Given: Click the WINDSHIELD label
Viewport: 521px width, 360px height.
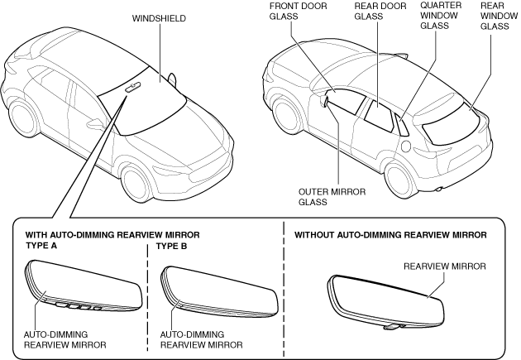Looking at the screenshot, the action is pos(159,18).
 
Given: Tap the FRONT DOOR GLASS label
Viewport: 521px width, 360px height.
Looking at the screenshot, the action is pos(298,12).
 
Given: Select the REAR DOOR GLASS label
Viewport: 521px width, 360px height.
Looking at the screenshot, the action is pos(380,12).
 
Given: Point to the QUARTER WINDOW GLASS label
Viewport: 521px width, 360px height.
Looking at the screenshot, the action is pos(441,16).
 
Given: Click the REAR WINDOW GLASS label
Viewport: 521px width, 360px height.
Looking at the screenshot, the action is pos(499,16).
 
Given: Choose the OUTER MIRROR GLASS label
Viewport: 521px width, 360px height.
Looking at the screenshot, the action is pos(332,197).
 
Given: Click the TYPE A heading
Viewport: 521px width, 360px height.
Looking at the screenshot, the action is pos(41,246).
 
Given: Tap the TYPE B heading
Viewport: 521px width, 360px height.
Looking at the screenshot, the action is pos(171,247).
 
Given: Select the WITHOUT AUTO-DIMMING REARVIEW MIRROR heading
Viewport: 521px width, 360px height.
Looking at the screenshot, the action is pos(390,235).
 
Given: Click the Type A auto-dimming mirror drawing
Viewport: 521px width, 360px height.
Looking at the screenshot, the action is pos(84,286).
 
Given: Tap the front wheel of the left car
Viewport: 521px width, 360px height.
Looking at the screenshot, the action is pos(138,182).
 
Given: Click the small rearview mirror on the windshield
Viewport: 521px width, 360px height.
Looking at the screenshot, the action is pos(133,87).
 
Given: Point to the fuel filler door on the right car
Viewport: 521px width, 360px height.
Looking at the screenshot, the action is pos(405,145).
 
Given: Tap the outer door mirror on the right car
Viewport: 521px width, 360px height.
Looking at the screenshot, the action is pos(324,101).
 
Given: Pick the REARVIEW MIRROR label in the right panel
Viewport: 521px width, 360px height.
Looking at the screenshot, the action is pos(445,266).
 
